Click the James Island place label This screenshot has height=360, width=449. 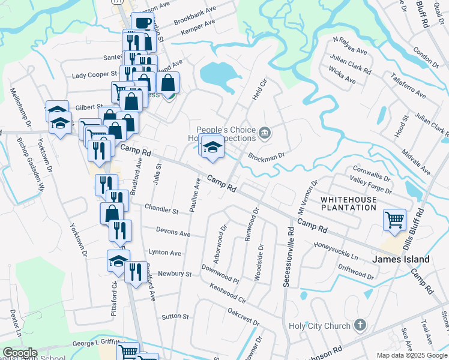click(401, 259)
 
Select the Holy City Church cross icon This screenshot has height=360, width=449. click(360, 325)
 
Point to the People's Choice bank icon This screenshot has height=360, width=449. click(264, 131)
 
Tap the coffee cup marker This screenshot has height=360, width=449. click(142, 23)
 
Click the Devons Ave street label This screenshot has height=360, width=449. click(173, 232)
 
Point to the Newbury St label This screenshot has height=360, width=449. click(174, 274)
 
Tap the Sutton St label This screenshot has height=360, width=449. click(175, 316)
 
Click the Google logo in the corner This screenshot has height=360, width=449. click(20, 353)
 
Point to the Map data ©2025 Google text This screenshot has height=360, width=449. click(412, 355)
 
